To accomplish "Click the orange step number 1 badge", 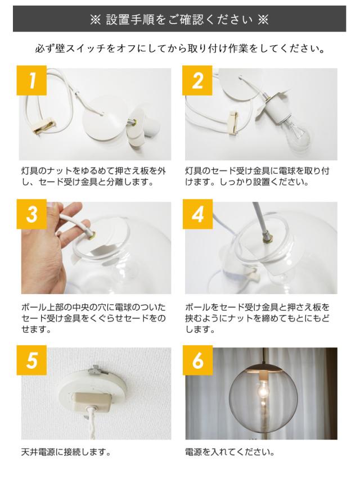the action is point(31,80).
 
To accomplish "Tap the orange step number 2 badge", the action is point(197,80).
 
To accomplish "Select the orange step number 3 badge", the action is point(31,214).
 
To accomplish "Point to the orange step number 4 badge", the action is point(197,214).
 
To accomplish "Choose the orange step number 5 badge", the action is point(31,360).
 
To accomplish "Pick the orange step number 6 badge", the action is point(197,360).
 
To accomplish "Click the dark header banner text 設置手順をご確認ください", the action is point(179,20).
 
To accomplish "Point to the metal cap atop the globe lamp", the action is point(263,369).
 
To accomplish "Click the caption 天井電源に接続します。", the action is point(66,453).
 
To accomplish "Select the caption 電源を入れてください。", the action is point(229,453).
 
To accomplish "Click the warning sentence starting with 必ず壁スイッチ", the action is point(179,48).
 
